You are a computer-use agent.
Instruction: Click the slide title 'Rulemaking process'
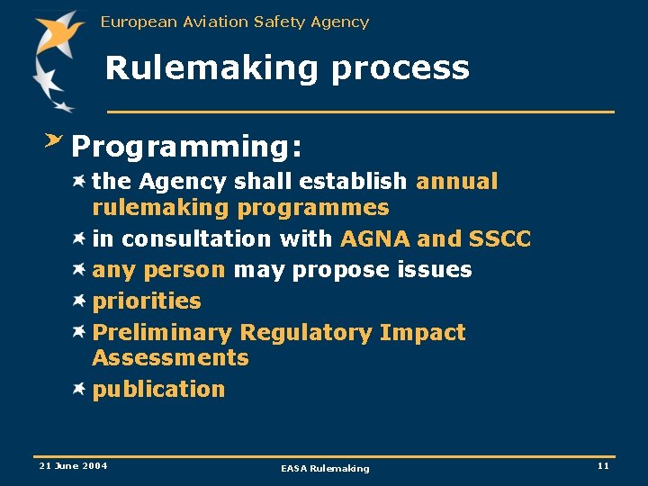click(287, 68)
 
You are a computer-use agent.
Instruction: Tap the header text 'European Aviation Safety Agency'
click(235, 22)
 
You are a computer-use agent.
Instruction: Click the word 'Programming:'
click(186, 147)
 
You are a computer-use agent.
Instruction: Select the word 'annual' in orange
click(456, 182)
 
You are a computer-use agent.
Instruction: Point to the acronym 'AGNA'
click(374, 239)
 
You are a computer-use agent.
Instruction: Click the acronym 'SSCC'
click(500, 239)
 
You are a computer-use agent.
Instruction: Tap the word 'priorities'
click(147, 301)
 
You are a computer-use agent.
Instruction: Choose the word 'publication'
click(158, 390)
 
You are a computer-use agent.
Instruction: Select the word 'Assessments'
click(170, 358)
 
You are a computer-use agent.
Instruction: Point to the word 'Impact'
click(422, 333)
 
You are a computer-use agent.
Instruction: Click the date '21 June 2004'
click(73, 465)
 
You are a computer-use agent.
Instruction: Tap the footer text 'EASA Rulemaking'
click(325, 468)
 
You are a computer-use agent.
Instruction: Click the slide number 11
click(603, 465)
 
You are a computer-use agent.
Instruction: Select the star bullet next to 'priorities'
click(79, 301)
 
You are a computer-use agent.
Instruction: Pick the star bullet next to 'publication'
click(79, 389)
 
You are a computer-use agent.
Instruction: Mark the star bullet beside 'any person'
click(79, 269)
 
